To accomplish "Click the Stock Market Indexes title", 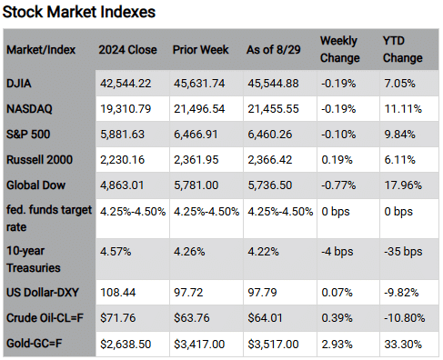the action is click(79, 13).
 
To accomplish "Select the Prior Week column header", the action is click(200, 50).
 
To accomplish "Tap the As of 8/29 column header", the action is click(274, 50).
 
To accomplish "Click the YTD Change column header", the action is click(402, 49).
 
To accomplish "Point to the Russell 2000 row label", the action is click(39, 160).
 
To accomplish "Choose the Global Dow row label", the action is click(35, 185).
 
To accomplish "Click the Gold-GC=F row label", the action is click(34, 344).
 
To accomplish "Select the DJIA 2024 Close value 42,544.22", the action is click(126, 84).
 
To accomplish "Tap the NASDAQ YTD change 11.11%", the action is click(403, 109).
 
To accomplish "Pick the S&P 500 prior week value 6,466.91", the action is click(196, 135).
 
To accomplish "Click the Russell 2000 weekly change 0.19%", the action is click(337, 160).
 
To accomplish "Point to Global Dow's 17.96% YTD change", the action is click(403, 185).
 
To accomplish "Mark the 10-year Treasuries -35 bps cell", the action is click(403, 252).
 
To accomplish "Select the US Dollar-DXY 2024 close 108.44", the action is click(118, 293).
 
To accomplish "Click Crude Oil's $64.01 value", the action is click(265, 318).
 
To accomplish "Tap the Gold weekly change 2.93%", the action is click(337, 345).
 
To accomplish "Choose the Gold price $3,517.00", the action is click(273, 345).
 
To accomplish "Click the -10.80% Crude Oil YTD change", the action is click(404, 318).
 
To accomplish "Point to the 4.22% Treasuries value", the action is click(263, 252).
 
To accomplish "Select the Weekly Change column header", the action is click(340, 49).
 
